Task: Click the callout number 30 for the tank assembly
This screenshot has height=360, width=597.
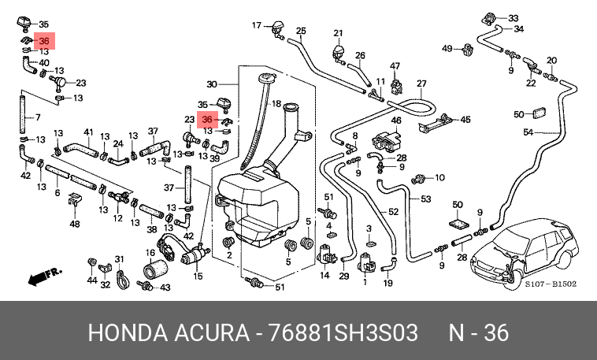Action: tap(212, 84)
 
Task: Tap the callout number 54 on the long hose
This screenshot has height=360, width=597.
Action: tap(528, 132)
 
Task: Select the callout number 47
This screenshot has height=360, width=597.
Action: tap(395, 66)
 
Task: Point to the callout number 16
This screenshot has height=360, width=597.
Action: tap(150, 253)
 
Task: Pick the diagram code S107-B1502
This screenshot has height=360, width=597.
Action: tap(551, 284)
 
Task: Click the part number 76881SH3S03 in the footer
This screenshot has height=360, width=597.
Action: tap(343, 332)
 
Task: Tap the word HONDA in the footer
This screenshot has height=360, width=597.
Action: tap(128, 332)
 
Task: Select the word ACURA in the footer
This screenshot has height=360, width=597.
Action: tap(212, 332)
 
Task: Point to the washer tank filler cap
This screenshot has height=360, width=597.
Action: tap(266, 78)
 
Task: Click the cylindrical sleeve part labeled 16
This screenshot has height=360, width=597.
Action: tap(155, 269)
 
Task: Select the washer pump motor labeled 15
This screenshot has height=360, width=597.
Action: tap(195, 256)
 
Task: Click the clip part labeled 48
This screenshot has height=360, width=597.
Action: tap(74, 200)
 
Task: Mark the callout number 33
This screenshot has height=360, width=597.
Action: tap(514, 18)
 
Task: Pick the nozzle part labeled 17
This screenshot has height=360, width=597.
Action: tap(277, 30)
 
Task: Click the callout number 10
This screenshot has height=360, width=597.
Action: tap(439, 177)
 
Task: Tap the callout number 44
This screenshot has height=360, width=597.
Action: tap(92, 280)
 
